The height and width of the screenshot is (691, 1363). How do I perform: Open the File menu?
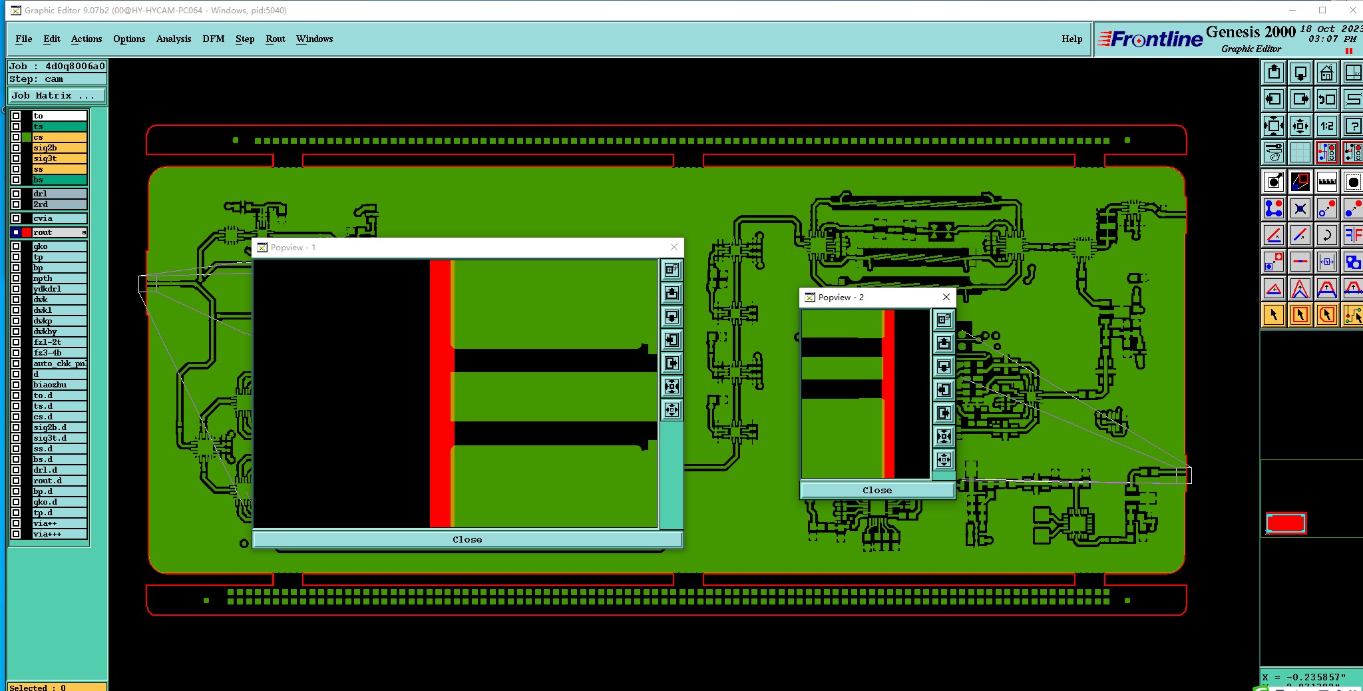(24, 39)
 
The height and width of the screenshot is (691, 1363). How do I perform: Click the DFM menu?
(214, 39)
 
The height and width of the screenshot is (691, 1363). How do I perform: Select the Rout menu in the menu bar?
(276, 39)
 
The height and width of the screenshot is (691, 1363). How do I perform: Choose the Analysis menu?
(174, 39)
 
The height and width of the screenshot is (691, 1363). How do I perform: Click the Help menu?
(1071, 39)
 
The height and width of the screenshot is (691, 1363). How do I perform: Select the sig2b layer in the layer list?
(59, 148)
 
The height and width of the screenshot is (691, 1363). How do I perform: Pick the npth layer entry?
(59, 278)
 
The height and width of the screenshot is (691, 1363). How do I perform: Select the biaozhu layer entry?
(59, 385)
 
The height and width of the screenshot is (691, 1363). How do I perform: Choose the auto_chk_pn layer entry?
(59, 363)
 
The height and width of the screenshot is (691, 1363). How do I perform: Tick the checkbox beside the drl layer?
(16, 194)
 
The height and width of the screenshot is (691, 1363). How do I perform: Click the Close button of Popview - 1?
(467, 539)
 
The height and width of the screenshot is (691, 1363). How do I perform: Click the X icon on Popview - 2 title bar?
(946, 297)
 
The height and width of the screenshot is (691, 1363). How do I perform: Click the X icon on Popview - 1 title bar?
(674, 247)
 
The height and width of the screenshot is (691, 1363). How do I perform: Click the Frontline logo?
(1150, 39)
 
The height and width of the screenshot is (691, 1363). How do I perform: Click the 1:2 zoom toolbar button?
(1326, 126)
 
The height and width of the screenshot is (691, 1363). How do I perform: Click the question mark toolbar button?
(1352, 126)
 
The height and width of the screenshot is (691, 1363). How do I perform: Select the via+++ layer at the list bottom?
(59, 534)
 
